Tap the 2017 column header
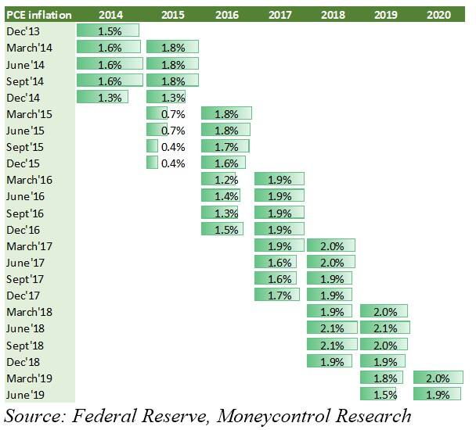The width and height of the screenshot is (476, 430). click(279, 14)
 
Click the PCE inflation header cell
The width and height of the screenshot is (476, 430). click(39, 14)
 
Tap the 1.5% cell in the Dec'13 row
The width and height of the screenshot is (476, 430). click(110, 30)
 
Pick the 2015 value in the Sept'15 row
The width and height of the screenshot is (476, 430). click(172, 146)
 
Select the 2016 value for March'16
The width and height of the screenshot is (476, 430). click(225, 179)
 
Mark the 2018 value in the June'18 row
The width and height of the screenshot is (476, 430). click(333, 328)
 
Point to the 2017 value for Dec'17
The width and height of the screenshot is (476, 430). click(279, 296)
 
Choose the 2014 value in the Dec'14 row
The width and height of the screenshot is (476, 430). click(110, 97)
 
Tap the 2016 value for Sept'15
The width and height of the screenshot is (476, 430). click(225, 146)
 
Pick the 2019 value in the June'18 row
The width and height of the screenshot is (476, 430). click(385, 328)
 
